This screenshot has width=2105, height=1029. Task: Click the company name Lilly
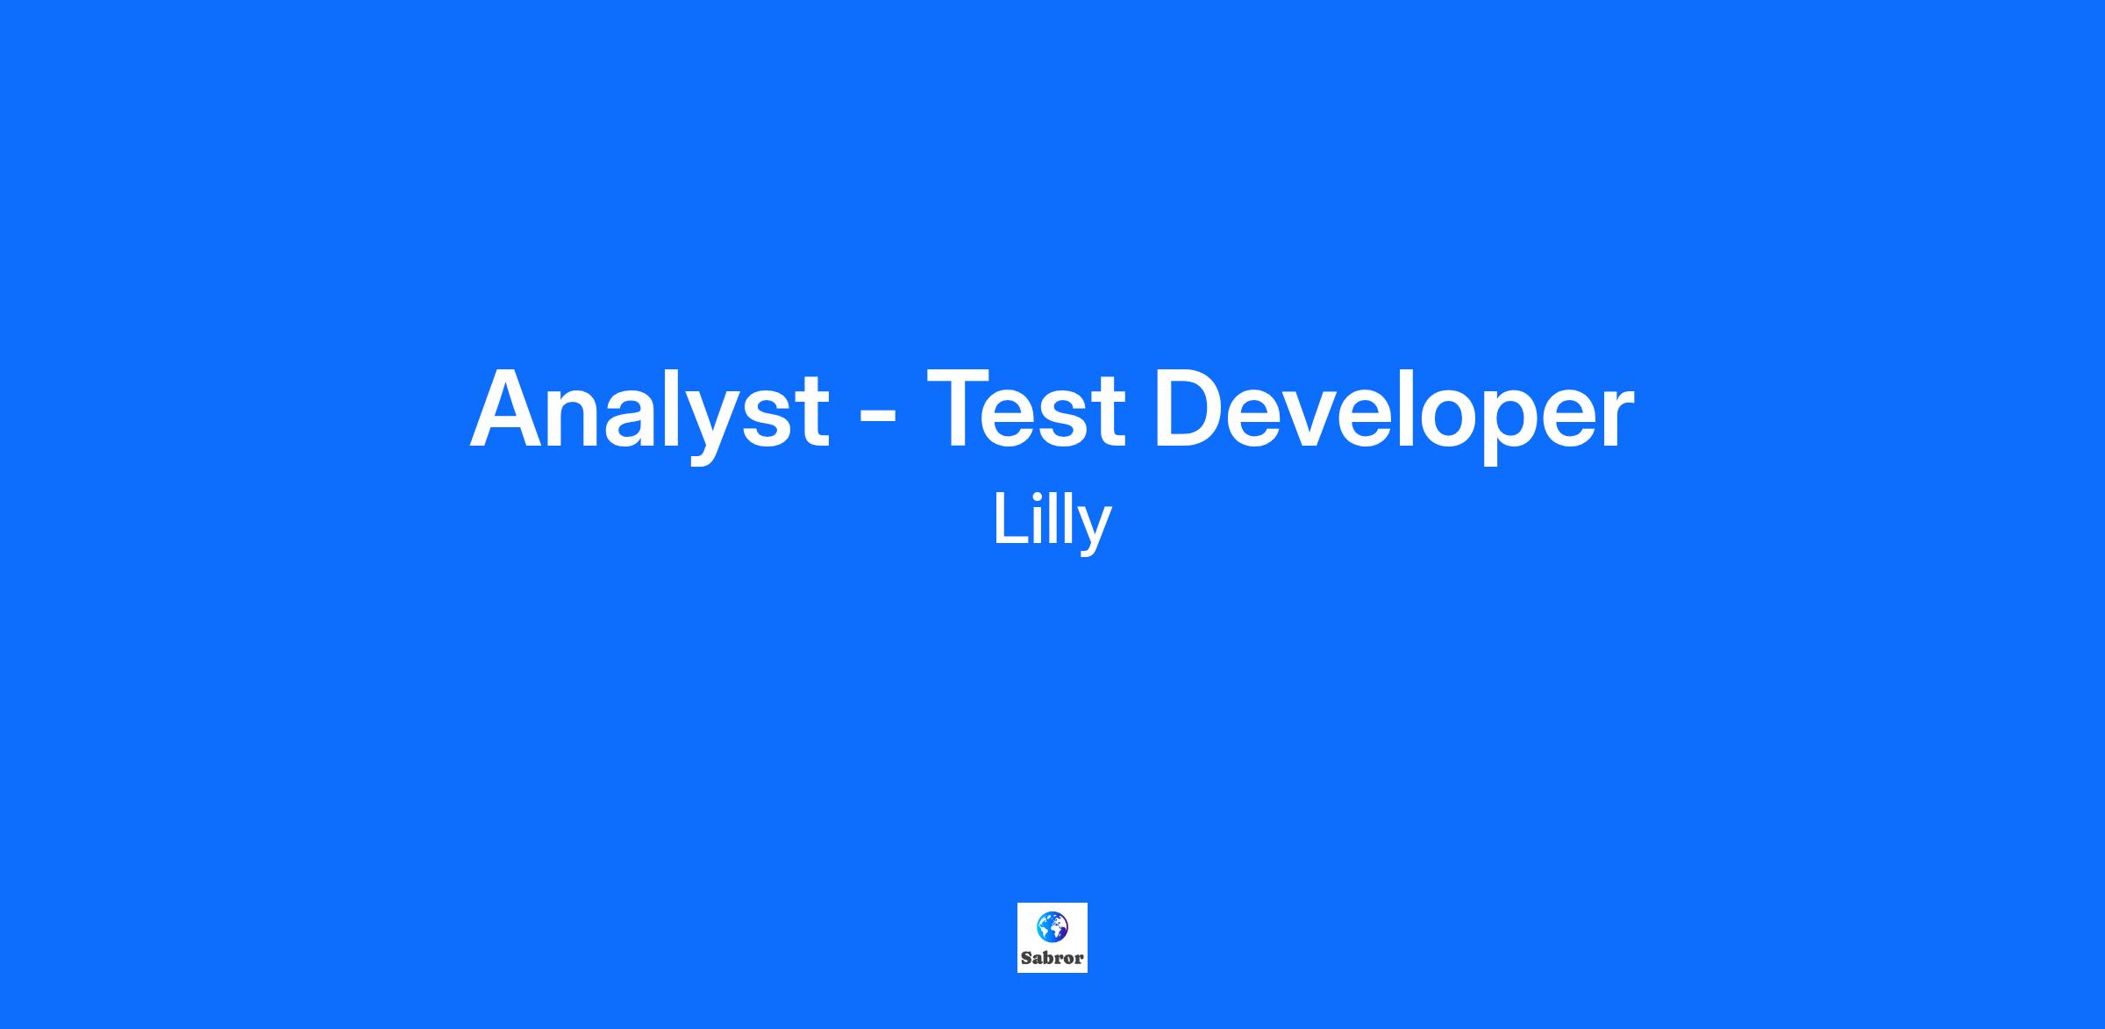tap(1052, 521)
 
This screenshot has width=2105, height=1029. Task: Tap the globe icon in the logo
tap(1052, 926)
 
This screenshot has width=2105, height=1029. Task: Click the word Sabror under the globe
tap(1052, 958)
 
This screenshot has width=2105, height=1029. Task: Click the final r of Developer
tap(1618, 418)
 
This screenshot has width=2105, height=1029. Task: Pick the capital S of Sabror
tap(1026, 958)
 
